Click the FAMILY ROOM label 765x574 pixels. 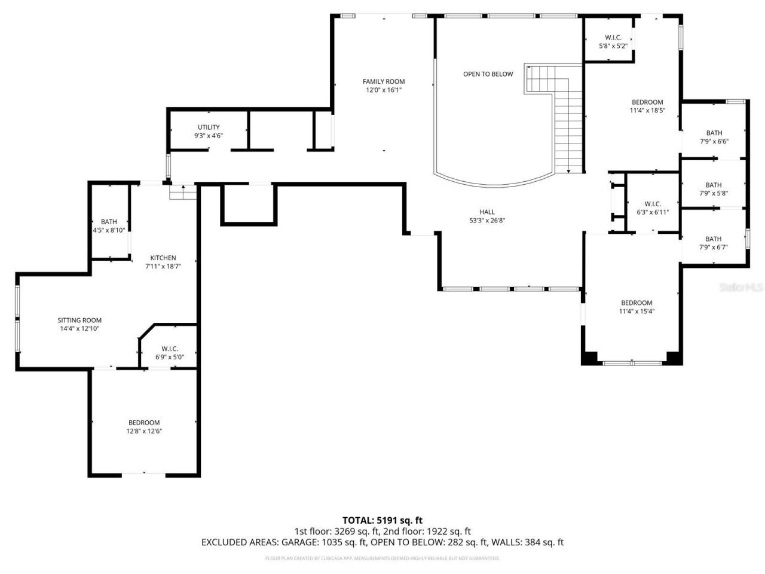384,81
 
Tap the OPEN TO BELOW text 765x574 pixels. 488,74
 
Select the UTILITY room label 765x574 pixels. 209,127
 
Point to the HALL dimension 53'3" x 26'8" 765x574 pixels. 487,221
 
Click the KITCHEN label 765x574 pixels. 163,258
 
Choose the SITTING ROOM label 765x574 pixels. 79,320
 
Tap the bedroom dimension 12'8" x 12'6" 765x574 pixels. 144,431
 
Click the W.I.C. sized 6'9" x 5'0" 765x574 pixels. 170,353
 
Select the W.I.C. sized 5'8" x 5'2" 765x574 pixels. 613,41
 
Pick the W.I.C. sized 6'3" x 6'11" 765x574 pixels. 653,208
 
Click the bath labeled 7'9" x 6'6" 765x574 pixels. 714,138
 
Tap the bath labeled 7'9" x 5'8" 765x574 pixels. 714,189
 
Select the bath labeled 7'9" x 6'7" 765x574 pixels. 714,243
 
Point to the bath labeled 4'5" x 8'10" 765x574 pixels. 109,226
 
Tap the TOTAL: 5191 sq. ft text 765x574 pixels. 382,520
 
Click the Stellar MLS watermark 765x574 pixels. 741,288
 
